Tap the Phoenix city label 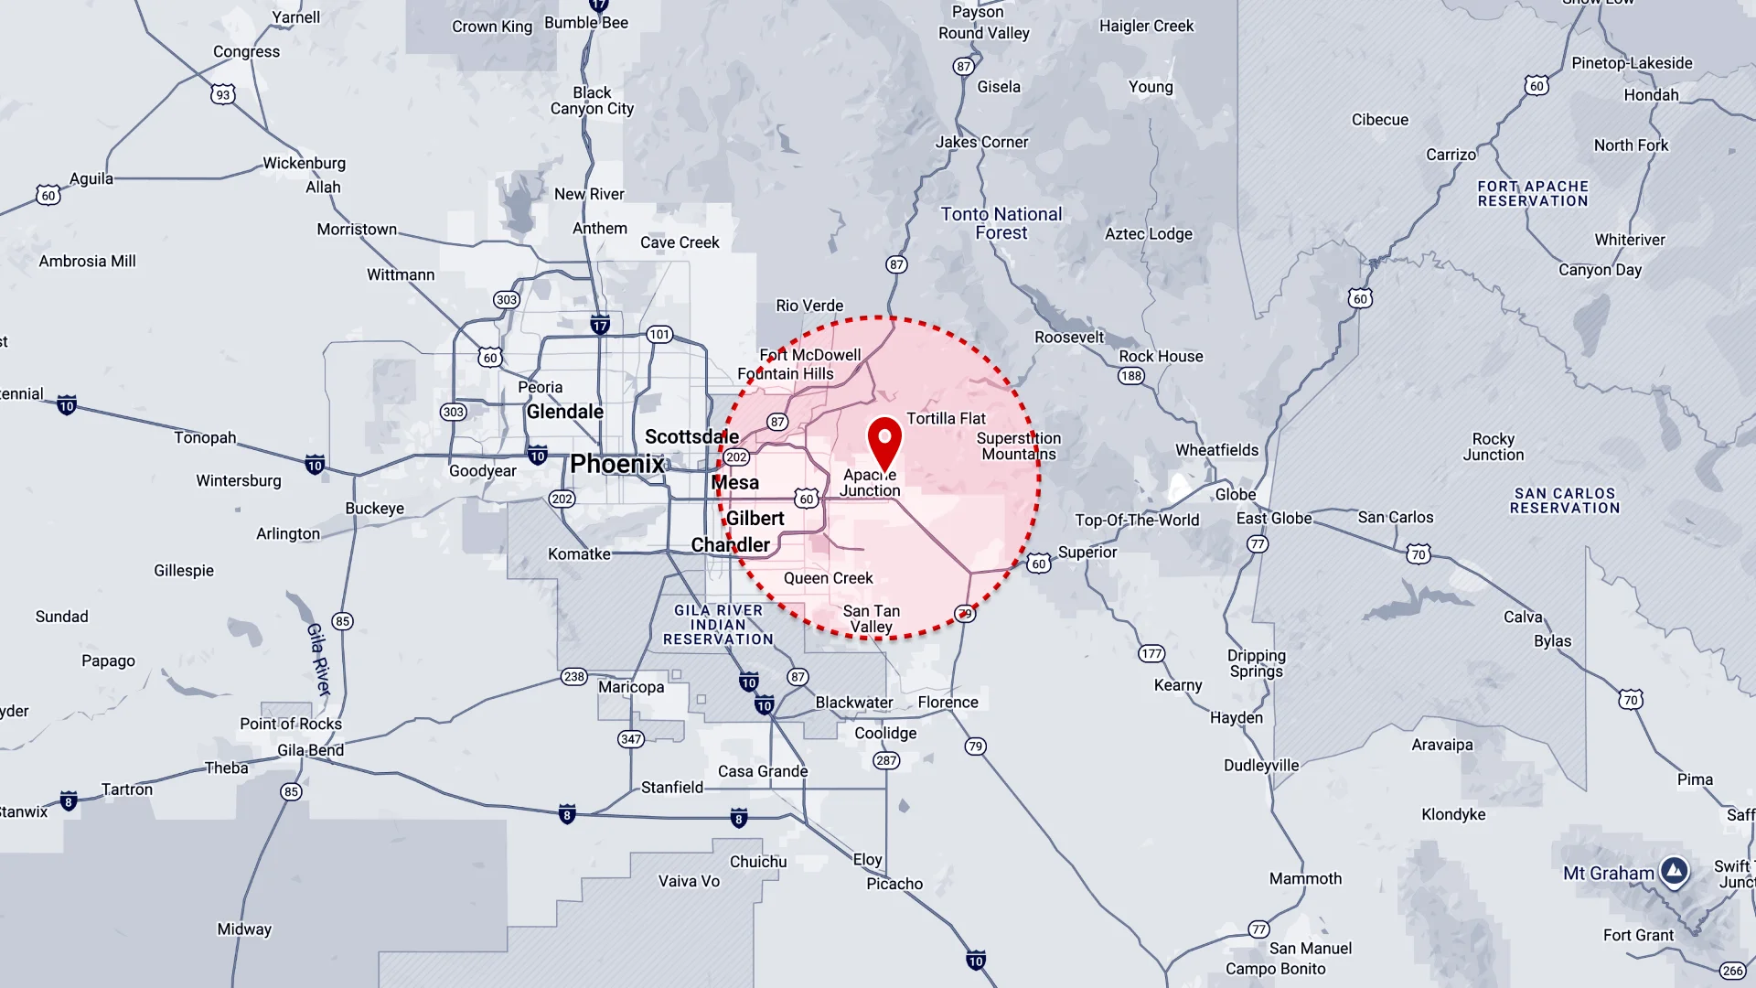[x=617, y=464]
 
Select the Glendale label [x=564, y=412]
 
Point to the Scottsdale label [x=691, y=436]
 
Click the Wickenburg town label [x=304, y=163]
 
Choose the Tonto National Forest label [x=1001, y=223]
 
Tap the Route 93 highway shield [x=223, y=94]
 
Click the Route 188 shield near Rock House [x=1131, y=376]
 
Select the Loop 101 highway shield [x=659, y=335]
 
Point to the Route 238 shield [x=573, y=677]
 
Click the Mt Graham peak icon [x=1675, y=872]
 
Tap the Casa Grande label [x=763, y=771]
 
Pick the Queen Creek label [x=828, y=578]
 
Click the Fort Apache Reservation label [x=1533, y=194]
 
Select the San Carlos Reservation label [x=1564, y=500]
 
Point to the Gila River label [x=318, y=660]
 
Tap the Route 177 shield [x=1151, y=653]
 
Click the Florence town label [x=948, y=703]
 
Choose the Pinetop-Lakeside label [x=1632, y=63]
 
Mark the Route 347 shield [x=631, y=739]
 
